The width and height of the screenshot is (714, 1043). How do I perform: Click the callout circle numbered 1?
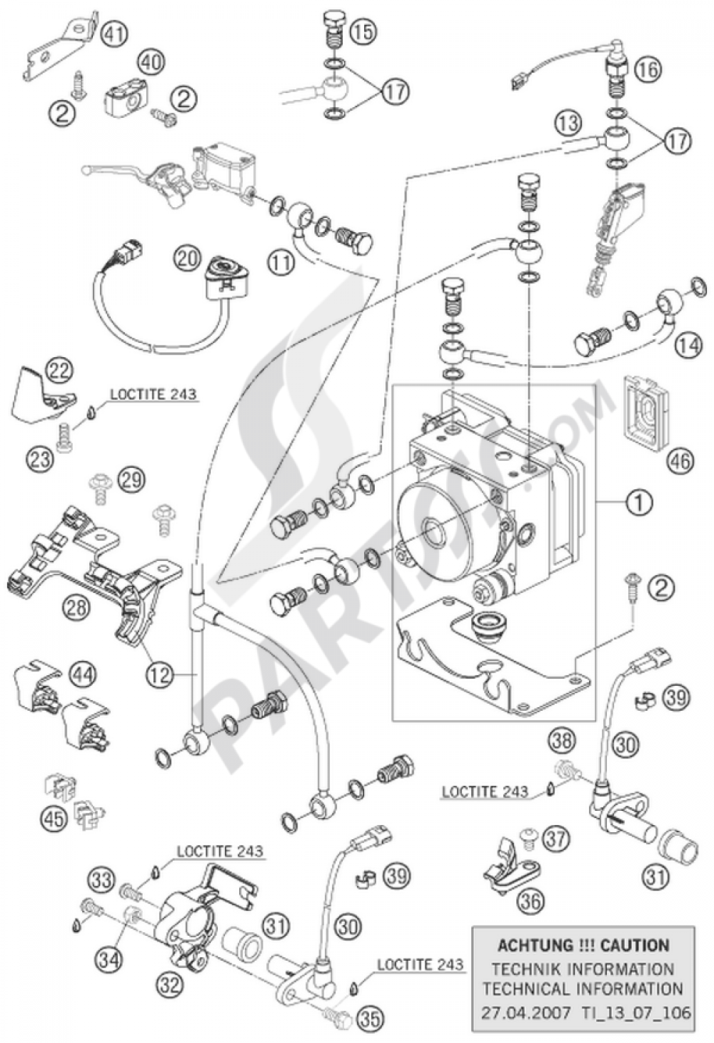click(639, 504)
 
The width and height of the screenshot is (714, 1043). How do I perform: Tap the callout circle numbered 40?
click(150, 62)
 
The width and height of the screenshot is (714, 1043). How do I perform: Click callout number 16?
click(648, 69)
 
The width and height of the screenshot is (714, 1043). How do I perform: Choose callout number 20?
click(188, 258)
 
